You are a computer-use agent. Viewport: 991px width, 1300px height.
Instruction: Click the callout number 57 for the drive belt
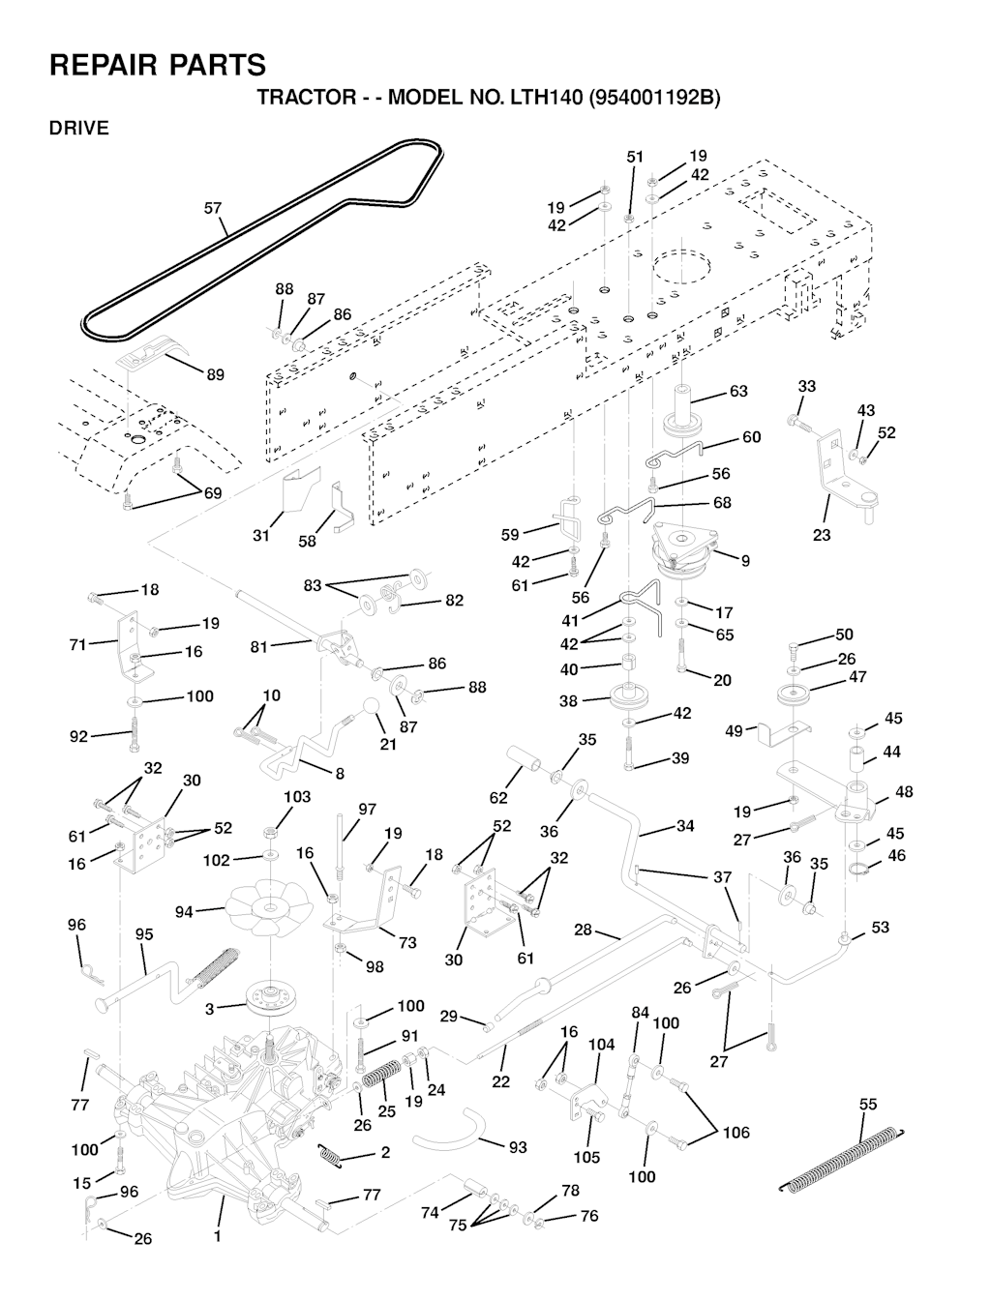[213, 207]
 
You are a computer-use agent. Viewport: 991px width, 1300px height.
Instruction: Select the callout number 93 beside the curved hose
[518, 1147]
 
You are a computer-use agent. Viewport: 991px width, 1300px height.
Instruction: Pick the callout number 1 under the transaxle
[218, 1236]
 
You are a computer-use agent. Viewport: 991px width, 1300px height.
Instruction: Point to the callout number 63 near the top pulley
[738, 392]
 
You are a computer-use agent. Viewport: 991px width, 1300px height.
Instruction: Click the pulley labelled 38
[629, 696]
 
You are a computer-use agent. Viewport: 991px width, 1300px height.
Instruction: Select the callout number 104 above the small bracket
[602, 1045]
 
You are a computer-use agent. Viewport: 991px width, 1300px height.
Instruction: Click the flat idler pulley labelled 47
[795, 696]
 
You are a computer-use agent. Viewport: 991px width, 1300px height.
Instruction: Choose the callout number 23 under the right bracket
[822, 535]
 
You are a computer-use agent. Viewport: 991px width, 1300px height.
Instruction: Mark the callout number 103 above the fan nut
[297, 797]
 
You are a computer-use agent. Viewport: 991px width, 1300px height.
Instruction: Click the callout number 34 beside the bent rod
[685, 826]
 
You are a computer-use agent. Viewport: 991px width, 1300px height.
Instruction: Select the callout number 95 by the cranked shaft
[144, 935]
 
